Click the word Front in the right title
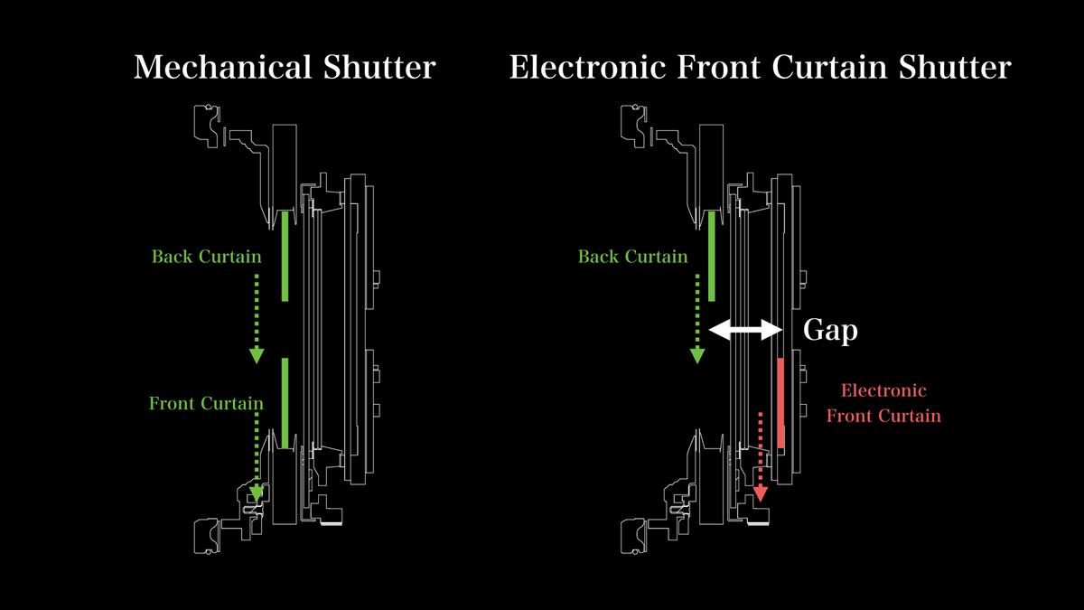pyautogui.click(x=726, y=68)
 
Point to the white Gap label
pyautogui.click(x=830, y=331)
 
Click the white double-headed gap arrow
pyautogui.click(x=745, y=331)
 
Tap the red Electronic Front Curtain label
pyautogui.click(x=883, y=403)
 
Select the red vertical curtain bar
pyautogui.click(x=780, y=404)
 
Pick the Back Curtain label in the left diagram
pyautogui.click(x=207, y=257)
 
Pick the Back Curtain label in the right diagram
pyautogui.click(x=633, y=257)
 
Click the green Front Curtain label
pyautogui.click(x=207, y=403)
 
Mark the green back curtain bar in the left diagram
pyautogui.click(x=285, y=255)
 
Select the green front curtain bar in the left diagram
pyautogui.click(x=285, y=403)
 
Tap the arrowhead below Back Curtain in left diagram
pyautogui.click(x=257, y=354)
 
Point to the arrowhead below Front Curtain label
pyautogui.click(x=257, y=493)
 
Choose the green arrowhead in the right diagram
pyautogui.click(x=696, y=354)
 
